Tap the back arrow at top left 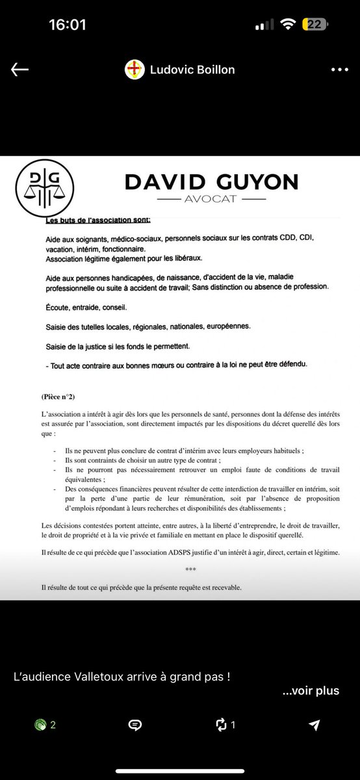click(x=19, y=70)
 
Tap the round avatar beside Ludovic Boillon click(x=135, y=70)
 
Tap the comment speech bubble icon click(x=135, y=725)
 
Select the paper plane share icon click(x=315, y=725)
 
